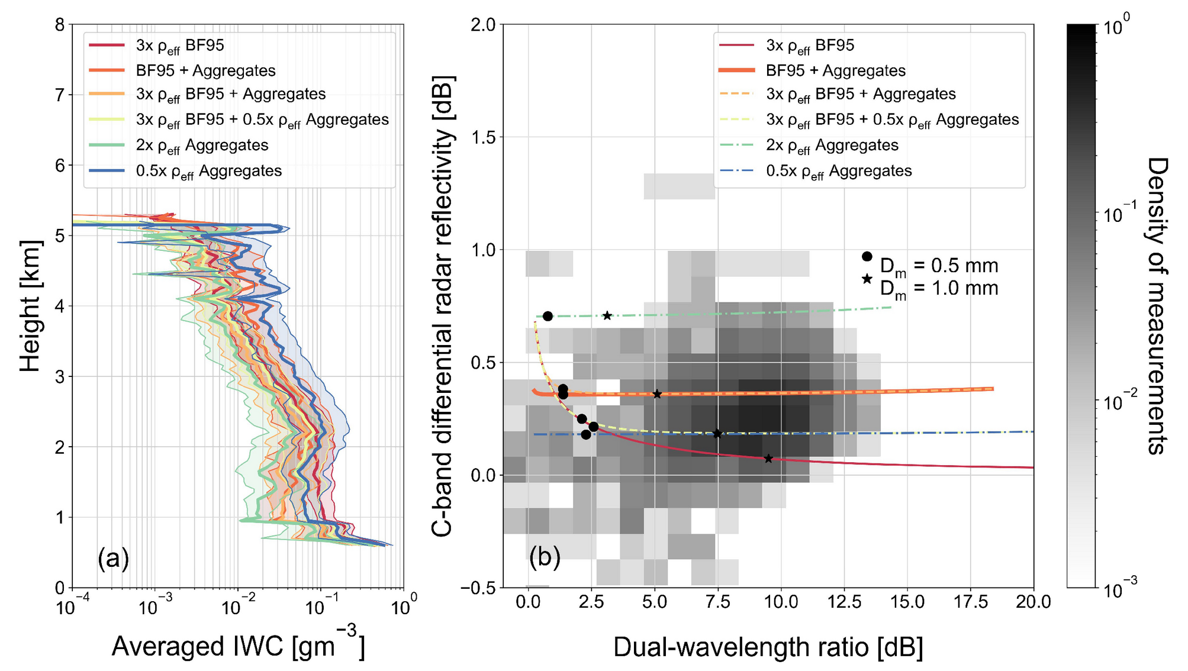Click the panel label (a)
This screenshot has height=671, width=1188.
click(113, 558)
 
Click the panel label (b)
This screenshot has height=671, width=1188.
click(545, 557)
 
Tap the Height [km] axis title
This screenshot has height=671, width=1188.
click(31, 306)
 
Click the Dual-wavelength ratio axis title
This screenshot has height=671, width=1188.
click(768, 647)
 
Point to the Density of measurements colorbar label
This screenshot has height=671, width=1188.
click(1157, 306)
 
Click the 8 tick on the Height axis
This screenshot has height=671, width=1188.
click(60, 25)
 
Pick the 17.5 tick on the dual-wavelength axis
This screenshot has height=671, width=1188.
click(971, 602)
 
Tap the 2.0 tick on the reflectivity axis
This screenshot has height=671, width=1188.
click(484, 25)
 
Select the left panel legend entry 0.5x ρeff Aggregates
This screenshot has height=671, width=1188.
click(208, 171)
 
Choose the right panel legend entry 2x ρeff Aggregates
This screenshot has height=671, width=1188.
click(832, 146)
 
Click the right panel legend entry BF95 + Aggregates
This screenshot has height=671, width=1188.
click(835, 71)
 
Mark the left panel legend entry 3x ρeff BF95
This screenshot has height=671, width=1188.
click(180, 46)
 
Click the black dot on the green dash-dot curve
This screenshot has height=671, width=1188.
click(548, 316)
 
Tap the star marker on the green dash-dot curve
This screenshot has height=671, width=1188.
click(607, 315)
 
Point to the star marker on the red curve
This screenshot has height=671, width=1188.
click(768, 459)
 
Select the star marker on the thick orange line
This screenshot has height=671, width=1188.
click(656, 394)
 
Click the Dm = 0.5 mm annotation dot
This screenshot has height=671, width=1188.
click(867, 256)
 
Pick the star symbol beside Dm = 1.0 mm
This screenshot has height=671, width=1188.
click(867, 279)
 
